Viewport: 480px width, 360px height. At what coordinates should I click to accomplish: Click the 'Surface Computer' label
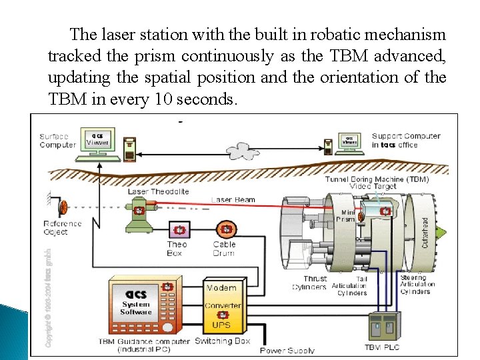click(57, 141)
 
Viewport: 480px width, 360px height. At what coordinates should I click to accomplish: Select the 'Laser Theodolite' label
click(158, 191)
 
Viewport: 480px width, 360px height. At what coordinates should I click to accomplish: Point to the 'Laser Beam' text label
click(233, 199)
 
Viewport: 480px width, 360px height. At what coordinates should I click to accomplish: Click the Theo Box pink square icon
click(179, 230)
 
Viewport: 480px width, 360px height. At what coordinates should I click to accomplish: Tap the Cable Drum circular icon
click(226, 230)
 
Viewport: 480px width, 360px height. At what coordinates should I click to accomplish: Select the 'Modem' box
click(221, 288)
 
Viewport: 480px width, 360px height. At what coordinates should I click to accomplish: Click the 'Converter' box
click(222, 306)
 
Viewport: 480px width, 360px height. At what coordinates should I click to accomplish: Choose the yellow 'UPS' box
click(221, 325)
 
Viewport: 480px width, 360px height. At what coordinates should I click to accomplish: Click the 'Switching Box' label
click(222, 341)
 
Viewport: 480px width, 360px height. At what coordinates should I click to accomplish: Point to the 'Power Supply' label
click(287, 350)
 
